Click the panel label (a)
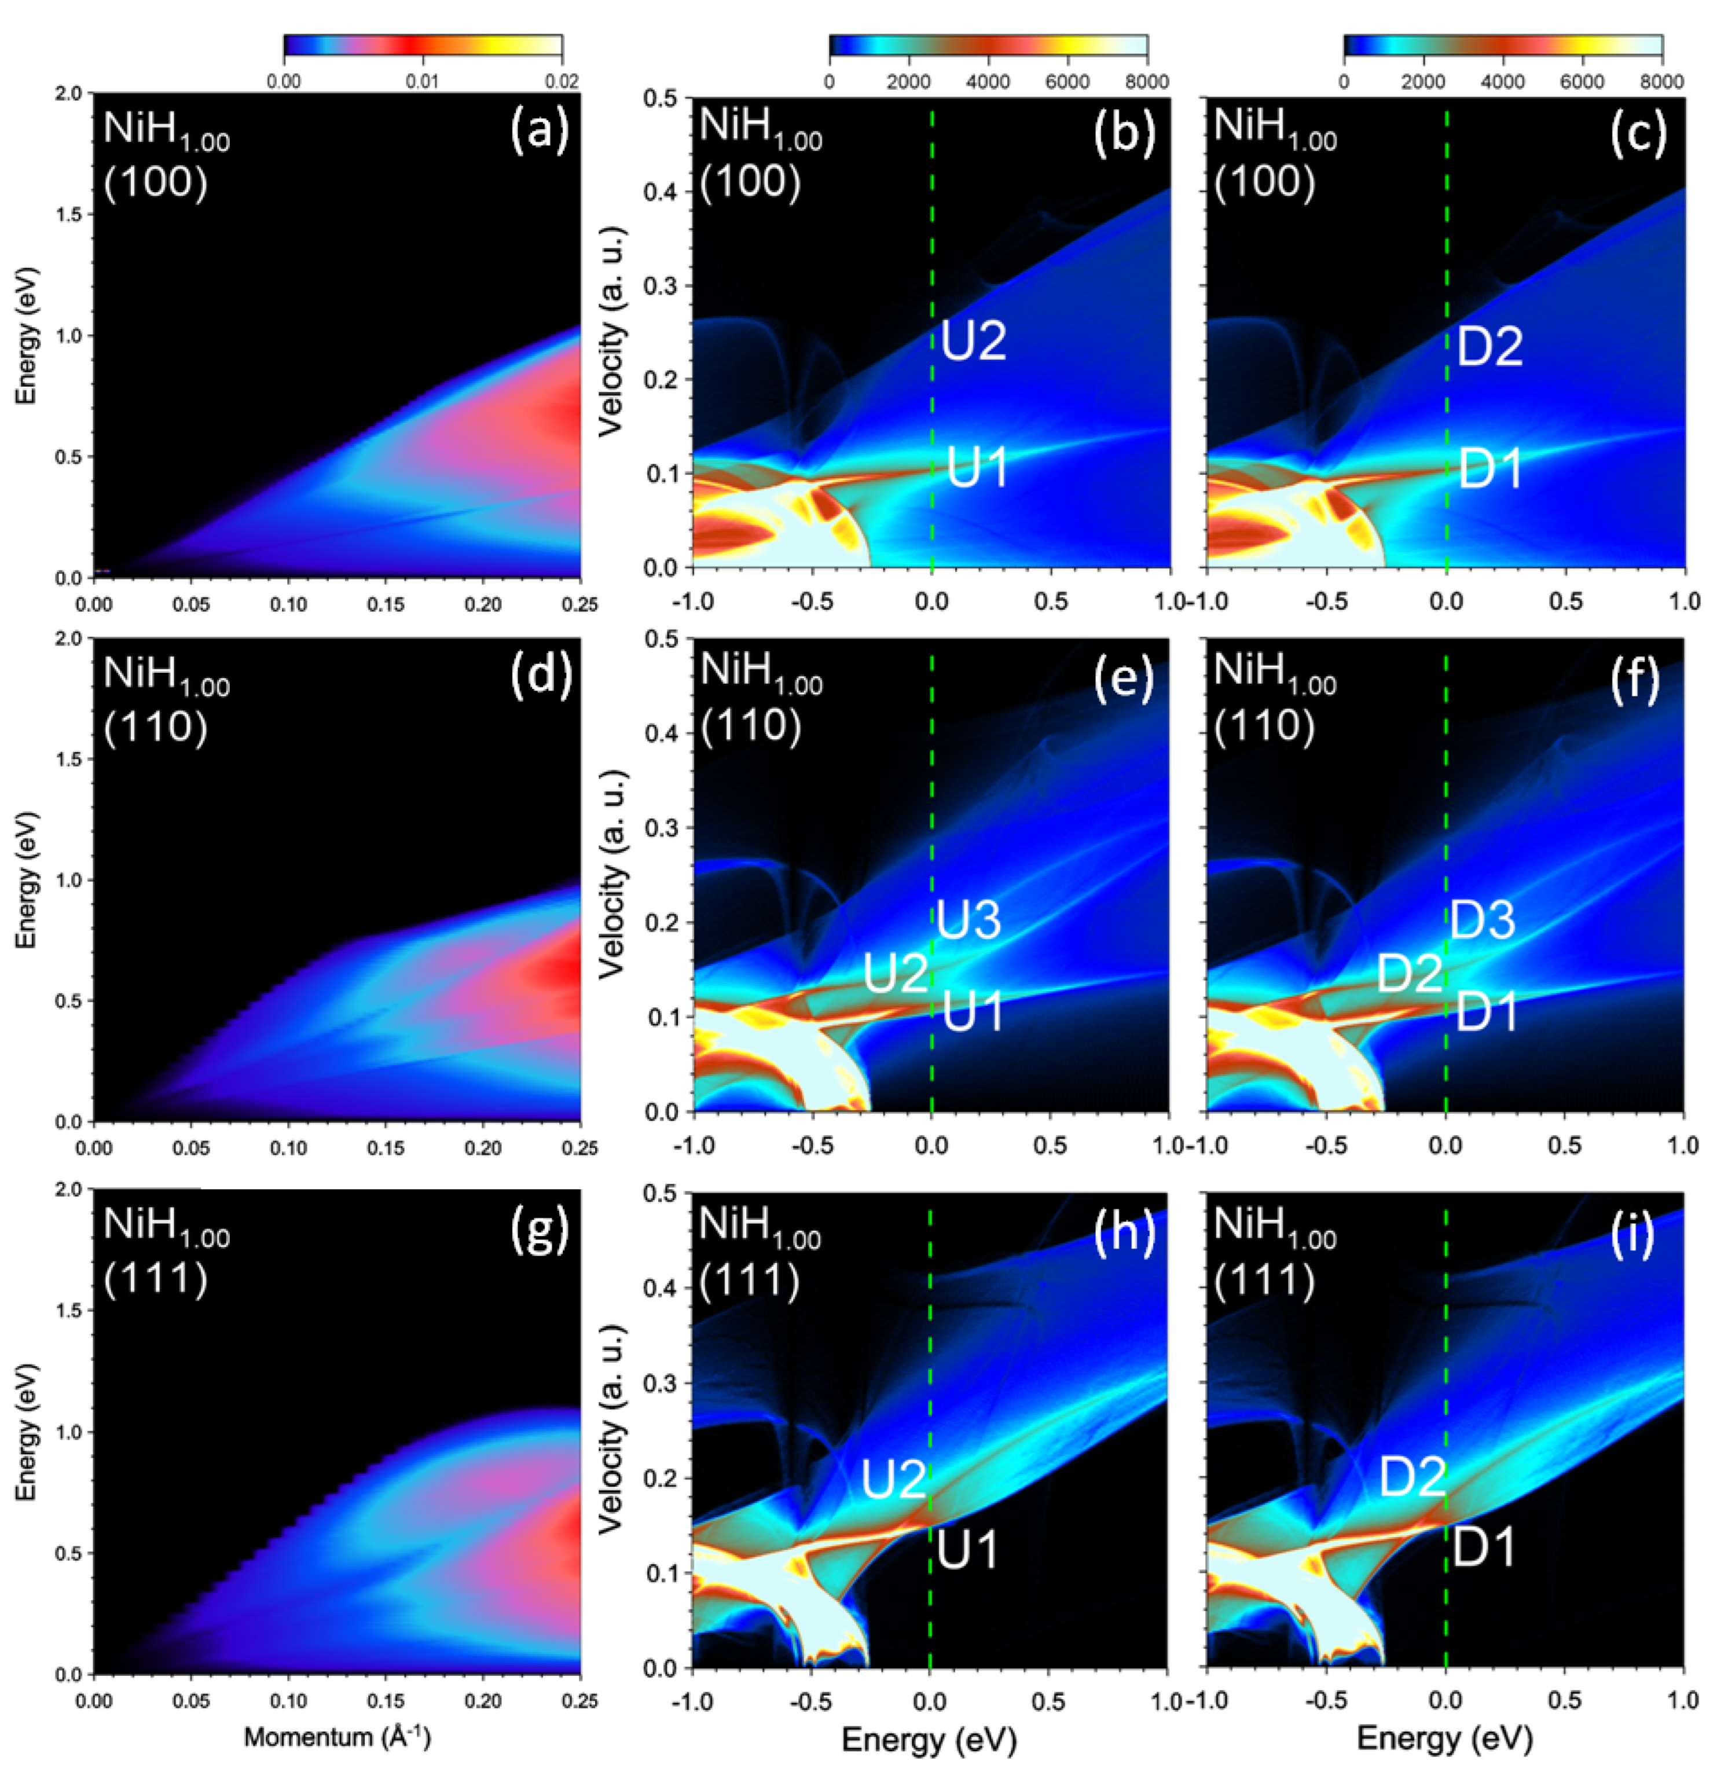coord(540,131)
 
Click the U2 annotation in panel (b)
coord(974,342)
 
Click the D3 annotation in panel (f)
coord(1481,919)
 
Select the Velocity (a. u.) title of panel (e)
coord(612,875)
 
